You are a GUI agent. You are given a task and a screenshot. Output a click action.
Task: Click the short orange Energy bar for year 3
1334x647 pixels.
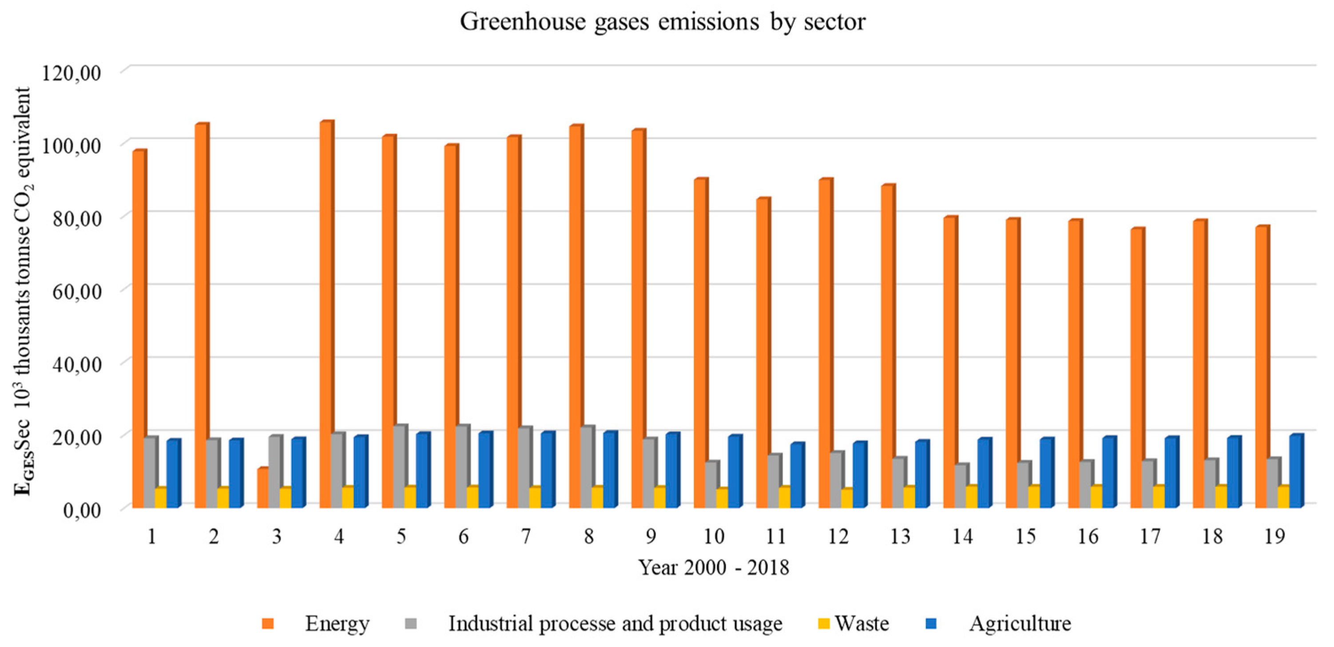tap(262, 488)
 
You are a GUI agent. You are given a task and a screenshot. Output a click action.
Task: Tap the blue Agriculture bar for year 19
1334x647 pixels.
tap(1295, 471)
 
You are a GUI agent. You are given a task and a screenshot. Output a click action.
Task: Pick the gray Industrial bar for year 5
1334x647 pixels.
tap(399, 466)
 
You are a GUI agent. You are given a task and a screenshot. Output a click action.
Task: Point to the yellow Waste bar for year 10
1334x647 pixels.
tap(721, 497)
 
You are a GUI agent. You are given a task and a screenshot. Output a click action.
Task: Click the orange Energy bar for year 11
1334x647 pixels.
tap(762, 352)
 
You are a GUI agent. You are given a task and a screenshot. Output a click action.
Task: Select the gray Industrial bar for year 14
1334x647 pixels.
tap(961, 486)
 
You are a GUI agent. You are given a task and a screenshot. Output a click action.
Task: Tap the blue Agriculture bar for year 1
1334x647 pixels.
tap(172, 474)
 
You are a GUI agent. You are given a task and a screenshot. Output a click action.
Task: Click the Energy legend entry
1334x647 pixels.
tap(337, 623)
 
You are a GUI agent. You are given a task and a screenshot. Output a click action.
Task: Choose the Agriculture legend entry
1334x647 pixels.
tap(1019, 623)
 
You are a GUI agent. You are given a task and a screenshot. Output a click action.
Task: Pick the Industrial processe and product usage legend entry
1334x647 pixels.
tap(615, 623)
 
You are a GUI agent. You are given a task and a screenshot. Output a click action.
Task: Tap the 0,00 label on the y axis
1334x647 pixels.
tap(81, 510)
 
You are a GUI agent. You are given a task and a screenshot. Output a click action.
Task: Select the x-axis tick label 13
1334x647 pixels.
tap(900, 537)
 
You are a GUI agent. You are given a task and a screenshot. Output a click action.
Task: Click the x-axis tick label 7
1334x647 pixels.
tap(526, 537)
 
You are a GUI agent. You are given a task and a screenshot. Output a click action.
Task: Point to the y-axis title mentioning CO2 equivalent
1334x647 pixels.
tap(22, 290)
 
